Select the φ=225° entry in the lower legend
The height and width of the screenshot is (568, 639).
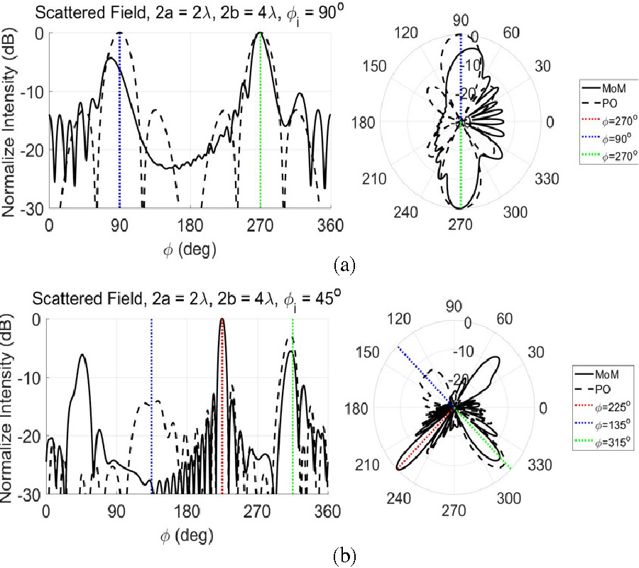(x=608, y=403)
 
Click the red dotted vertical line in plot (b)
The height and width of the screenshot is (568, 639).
(x=222, y=419)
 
